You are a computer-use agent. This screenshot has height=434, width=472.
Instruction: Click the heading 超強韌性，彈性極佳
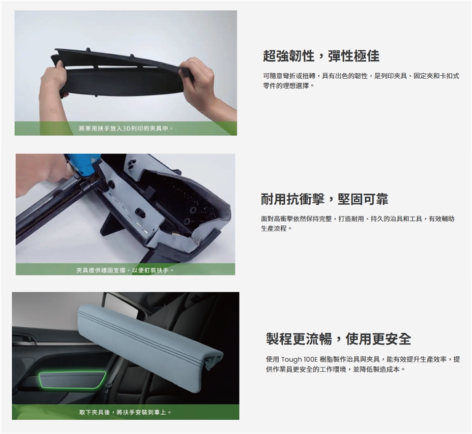(321, 56)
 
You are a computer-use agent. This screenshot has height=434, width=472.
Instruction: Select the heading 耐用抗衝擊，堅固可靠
(324, 199)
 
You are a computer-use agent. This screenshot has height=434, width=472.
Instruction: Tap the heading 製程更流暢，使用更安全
(338, 339)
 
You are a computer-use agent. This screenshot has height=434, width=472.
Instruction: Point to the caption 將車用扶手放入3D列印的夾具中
(126, 129)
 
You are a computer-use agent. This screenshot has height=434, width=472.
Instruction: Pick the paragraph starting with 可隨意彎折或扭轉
(361, 81)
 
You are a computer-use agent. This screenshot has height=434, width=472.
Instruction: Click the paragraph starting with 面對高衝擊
(357, 223)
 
